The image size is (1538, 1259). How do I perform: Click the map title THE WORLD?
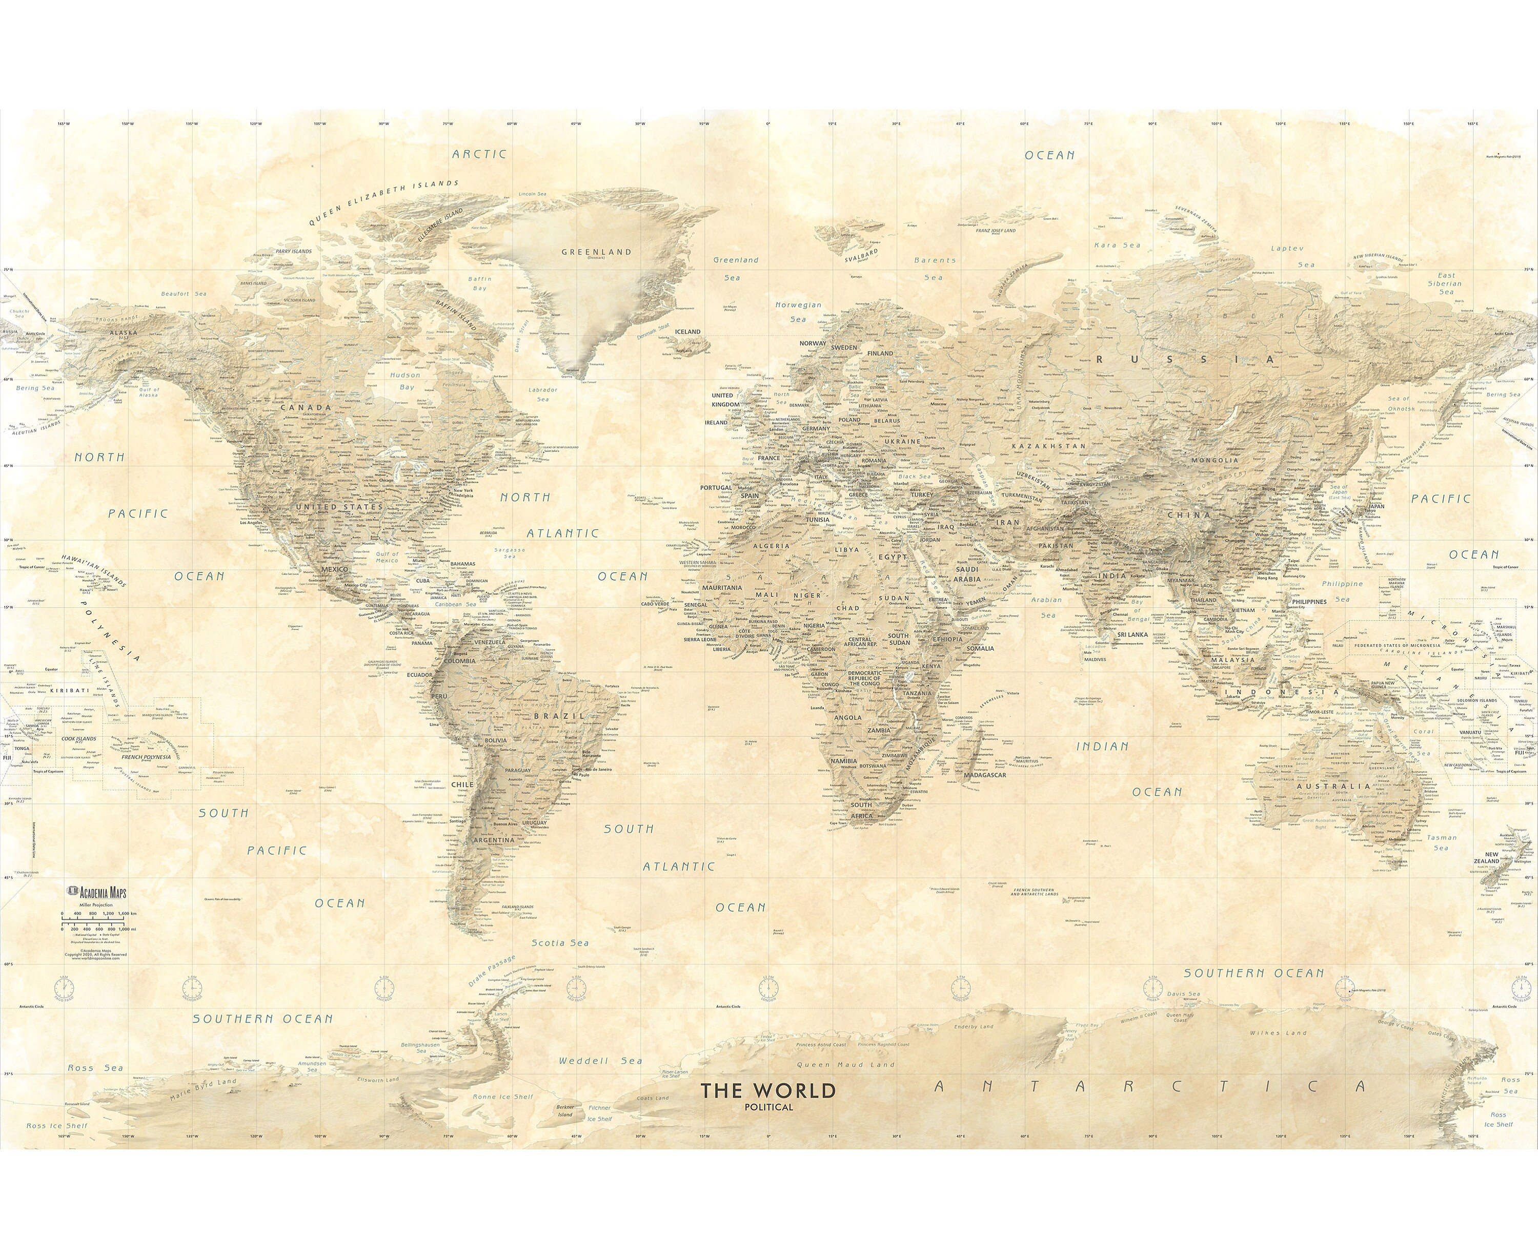pyautogui.click(x=767, y=1090)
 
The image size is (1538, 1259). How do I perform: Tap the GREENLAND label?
pyautogui.click(x=596, y=253)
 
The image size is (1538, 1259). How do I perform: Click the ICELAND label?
pyautogui.click(x=688, y=332)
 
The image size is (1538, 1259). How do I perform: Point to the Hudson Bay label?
pyautogui.click(x=406, y=381)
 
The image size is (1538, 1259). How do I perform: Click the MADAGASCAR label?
pyautogui.click(x=985, y=775)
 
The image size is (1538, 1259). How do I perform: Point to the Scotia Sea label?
pyautogui.click(x=560, y=943)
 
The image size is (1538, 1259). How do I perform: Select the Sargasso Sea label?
pyautogui.click(x=510, y=552)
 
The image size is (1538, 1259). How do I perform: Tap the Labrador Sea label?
pyautogui.click(x=542, y=394)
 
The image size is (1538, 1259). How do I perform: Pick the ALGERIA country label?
pyautogui.click(x=771, y=545)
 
